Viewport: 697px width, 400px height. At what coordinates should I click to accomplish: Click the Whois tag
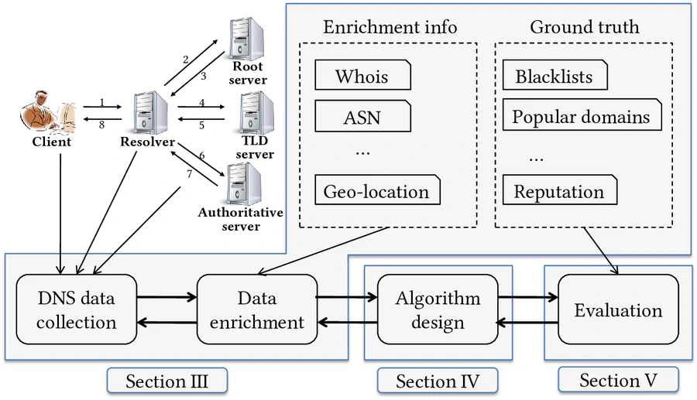[x=362, y=77]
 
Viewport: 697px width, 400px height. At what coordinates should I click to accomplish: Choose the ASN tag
[x=362, y=118]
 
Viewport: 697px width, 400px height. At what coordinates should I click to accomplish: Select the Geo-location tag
[x=376, y=191]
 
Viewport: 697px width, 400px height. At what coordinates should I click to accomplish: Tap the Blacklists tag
[x=554, y=77]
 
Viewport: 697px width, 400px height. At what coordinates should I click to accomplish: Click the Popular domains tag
[x=581, y=118]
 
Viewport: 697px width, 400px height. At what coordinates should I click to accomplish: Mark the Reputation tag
[x=559, y=191]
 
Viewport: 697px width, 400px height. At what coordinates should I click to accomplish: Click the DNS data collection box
[x=76, y=309]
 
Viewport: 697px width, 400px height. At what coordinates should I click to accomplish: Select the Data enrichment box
[x=256, y=309]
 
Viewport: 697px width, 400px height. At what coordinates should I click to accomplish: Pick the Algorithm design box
[x=437, y=309]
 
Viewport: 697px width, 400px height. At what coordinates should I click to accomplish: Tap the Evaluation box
[x=617, y=310]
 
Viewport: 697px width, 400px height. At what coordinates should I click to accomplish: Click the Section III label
[x=167, y=380]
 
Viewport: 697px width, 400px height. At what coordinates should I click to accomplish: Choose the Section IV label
[x=437, y=381]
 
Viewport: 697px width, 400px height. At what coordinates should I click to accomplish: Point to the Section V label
[x=617, y=380]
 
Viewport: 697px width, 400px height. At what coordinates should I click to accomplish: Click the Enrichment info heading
[x=390, y=27]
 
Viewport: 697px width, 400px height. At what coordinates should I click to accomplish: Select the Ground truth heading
[x=585, y=27]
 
